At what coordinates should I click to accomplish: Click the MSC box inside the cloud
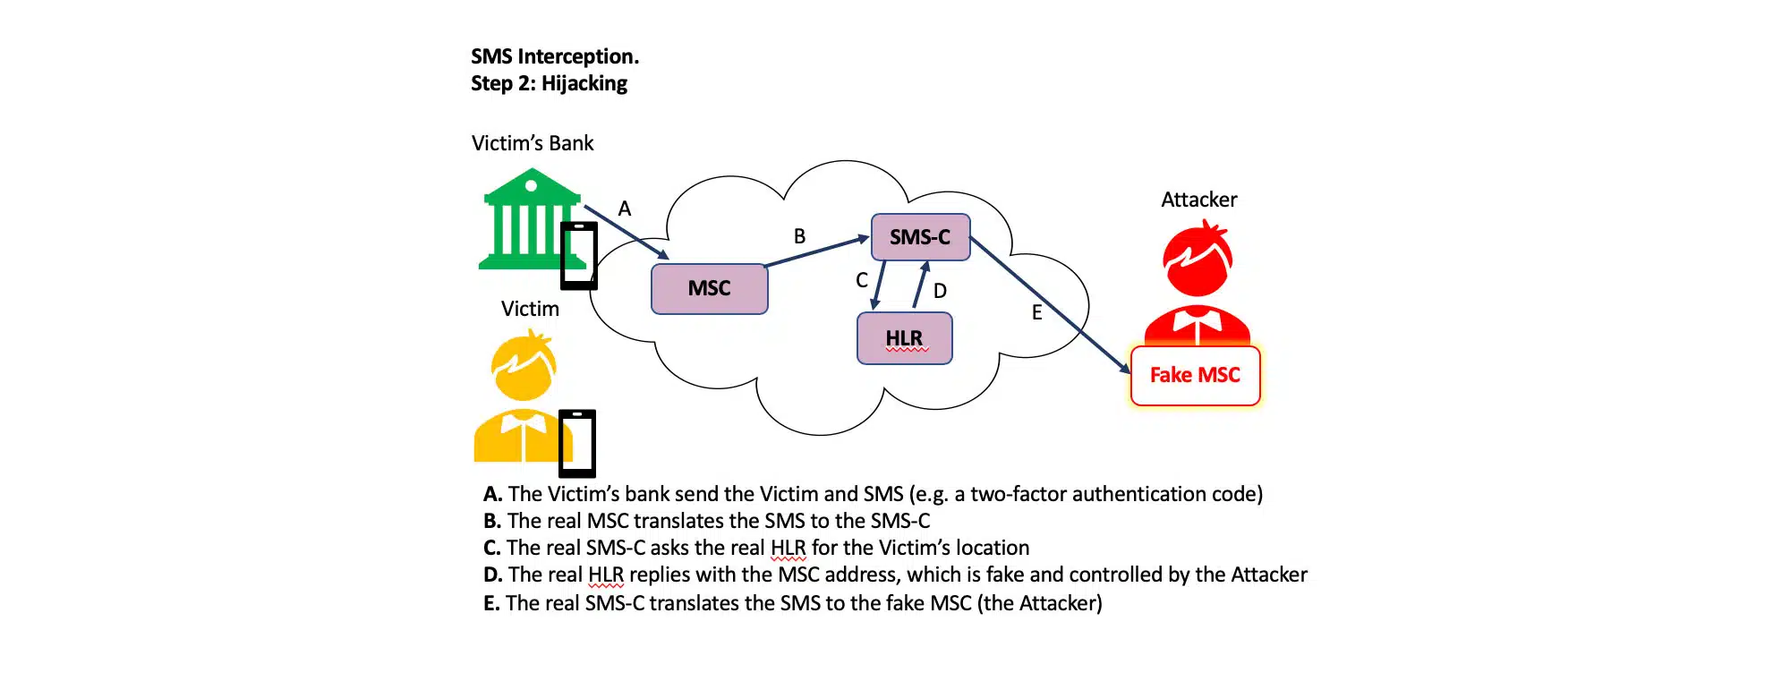click(709, 289)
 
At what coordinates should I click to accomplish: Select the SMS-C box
click(920, 237)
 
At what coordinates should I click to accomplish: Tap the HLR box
click(904, 338)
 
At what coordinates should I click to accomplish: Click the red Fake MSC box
click(1195, 376)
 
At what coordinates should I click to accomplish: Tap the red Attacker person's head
click(1198, 260)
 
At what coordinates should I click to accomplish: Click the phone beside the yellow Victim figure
click(577, 443)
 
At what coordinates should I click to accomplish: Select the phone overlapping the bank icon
click(578, 256)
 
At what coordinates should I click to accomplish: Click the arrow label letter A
click(625, 209)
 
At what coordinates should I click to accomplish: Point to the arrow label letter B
click(799, 236)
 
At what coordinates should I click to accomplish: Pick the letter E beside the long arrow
click(1036, 312)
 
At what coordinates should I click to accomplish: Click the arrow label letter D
click(940, 291)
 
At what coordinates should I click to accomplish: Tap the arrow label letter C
click(862, 280)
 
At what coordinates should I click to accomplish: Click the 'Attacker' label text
click(1198, 200)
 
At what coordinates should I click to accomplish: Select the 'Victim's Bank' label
click(533, 143)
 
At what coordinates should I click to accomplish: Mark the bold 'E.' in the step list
click(491, 603)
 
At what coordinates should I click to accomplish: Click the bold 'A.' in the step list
click(492, 494)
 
